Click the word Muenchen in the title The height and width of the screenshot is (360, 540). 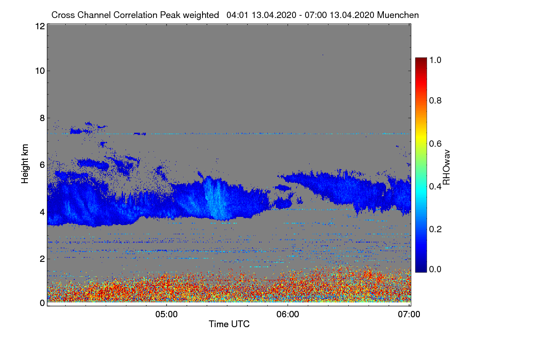point(398,15)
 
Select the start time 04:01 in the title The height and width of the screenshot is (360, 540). point(237,15)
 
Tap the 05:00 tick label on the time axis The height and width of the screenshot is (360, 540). point(166,315)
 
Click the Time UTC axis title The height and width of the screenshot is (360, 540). point(229,324)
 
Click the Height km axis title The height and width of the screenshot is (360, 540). point(25,164)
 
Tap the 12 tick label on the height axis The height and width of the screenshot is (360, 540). point(39,26)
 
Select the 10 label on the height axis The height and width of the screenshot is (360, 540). point(39,71)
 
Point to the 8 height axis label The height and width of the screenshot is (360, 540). point(41,118)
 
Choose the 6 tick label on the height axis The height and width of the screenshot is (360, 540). point(41,165)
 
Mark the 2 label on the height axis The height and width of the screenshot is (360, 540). point(41,259)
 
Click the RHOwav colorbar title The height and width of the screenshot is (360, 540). point(447,167)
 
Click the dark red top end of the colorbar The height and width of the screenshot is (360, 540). point(420,60)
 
